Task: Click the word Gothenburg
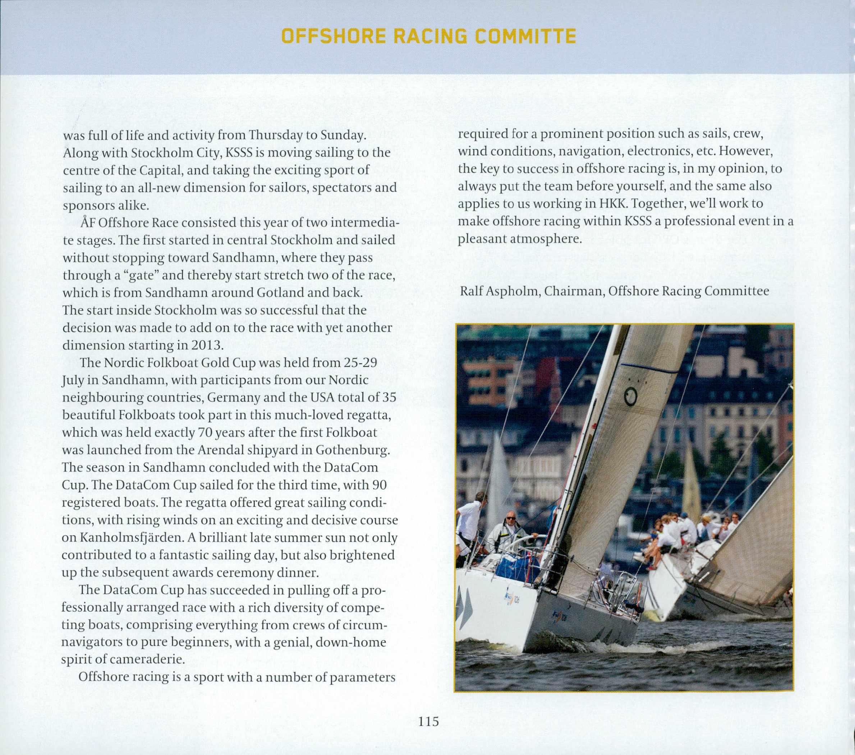353,450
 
